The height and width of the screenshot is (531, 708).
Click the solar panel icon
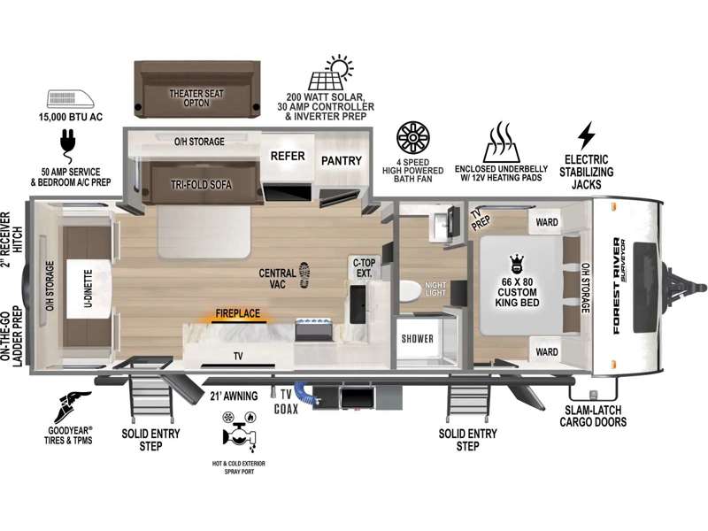coord(330,73)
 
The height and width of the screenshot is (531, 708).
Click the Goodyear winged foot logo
coord(72,407)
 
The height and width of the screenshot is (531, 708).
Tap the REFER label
coord(288,157)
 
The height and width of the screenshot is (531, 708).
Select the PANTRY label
coord(342,160)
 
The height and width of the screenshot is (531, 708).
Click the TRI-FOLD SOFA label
coord(202,185)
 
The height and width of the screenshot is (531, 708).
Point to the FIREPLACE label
coord(238,313)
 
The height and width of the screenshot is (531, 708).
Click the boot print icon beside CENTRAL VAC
coord(305,274)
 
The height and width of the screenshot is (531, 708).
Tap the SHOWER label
coord(417,339)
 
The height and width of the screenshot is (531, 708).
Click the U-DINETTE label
coord(88,289)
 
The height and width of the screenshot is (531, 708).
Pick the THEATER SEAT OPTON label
coord(196,98)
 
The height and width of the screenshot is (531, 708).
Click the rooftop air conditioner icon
coord(71,99)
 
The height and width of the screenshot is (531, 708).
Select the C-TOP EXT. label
coord(364,268)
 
